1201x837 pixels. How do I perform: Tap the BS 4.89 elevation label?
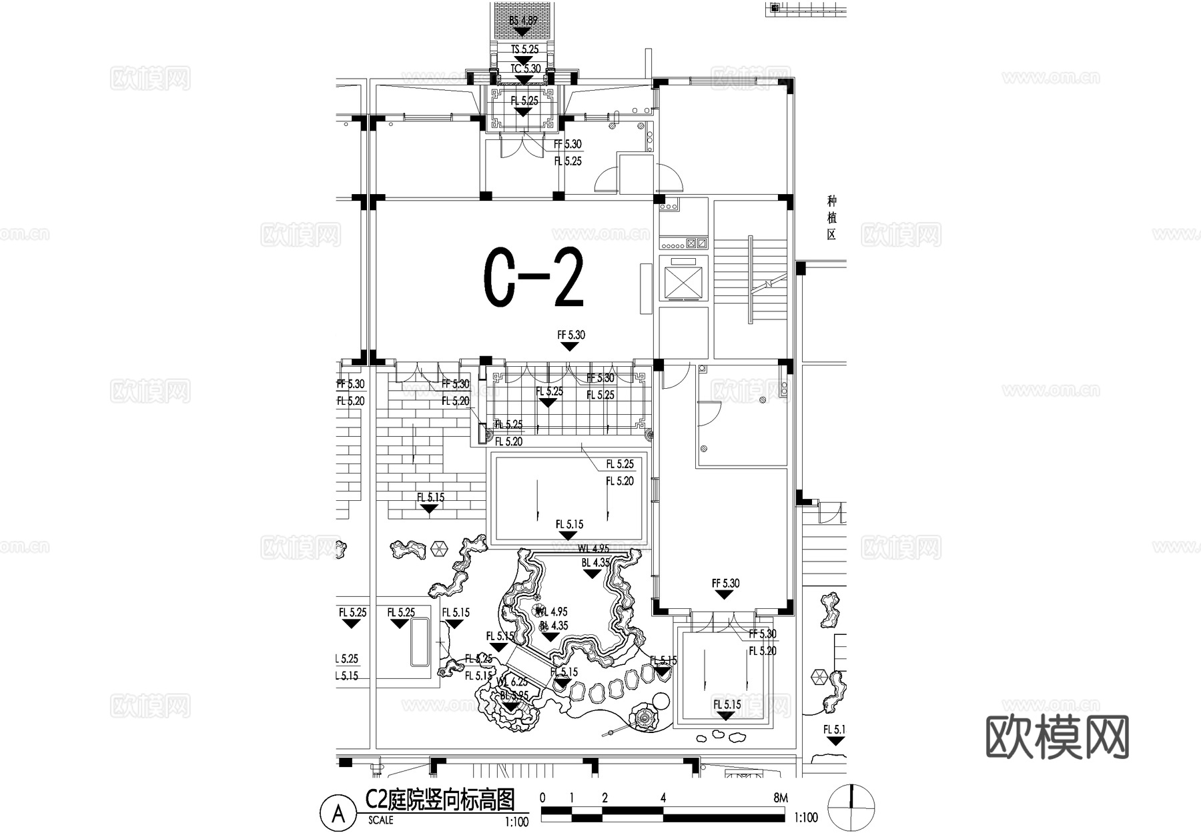[x=523, y=21]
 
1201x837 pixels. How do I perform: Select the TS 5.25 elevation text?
[x=524, y=49]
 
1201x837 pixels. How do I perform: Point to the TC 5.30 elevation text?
[x=526, y=69]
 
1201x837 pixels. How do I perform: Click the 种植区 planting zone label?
[x=831, y=217]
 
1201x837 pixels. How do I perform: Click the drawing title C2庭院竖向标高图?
[x=440, y=798]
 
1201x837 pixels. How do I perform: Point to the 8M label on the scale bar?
[x=780, y=798]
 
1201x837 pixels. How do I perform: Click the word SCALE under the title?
[x=380, y=820]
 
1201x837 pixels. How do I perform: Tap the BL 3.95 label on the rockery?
[x=514, y=695]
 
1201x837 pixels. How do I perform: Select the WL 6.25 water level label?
[x=512, y=682]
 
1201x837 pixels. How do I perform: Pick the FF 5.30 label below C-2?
[x=571, y=335]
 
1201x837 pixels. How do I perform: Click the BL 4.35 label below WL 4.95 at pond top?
[x=595, y=562]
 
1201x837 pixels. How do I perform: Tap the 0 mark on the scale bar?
[x=542, y=798]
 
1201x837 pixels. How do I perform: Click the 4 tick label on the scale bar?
[x=663, y=798]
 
